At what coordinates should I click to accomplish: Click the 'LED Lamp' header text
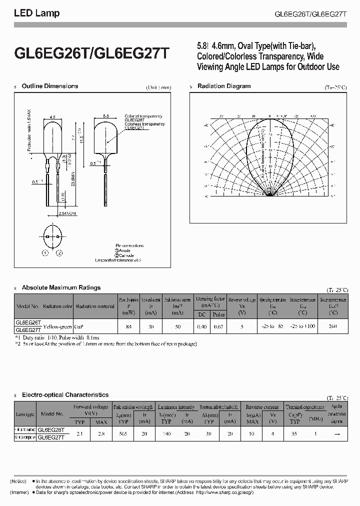click(x=36, y=13)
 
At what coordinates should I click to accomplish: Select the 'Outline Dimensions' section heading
click(x=50, y=86)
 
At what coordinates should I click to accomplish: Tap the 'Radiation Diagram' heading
click(x=224, y=86)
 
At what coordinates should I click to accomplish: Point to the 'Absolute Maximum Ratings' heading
click(x=61, y=287)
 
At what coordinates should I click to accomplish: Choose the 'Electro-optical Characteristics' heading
click(x=65, y=395)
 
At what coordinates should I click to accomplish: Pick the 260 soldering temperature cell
click(x=333, y=326)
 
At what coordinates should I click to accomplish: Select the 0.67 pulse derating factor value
click(x=218, y=326)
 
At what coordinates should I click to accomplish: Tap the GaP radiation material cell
click(x=78, y=326)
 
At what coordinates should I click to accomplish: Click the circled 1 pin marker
click(x=45, y=253)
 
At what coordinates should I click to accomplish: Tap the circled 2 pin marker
click(x=60, y=253)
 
